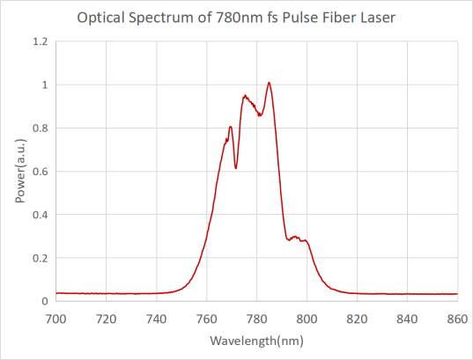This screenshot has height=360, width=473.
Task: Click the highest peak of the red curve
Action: coord(269,83)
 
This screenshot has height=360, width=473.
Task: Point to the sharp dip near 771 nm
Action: coord(235,168)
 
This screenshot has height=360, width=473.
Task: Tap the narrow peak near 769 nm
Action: coord(231,127)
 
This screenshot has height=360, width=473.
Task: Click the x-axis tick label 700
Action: coord(55,319)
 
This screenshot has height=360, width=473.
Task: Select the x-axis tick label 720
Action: coord(107,319)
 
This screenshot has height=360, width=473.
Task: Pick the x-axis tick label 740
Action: coord(156,319)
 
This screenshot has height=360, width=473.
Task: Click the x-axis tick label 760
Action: coord(207,319)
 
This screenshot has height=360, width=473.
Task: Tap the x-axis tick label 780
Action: coord(256,319)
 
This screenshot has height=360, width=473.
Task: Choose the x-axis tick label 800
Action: coord(307,319)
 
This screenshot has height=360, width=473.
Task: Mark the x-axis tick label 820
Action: coord(357,319)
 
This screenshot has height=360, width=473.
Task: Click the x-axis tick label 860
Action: coord(457,319)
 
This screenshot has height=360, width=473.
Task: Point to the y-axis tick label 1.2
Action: coord(41,41)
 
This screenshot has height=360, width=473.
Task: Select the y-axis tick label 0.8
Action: coord(41,129)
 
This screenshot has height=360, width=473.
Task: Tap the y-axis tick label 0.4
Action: coord(41,215)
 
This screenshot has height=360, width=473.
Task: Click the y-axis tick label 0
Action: coord(45,301)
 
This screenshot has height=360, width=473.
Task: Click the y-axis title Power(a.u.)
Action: coord(20,171)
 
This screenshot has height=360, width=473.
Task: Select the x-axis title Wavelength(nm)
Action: coord(256,341)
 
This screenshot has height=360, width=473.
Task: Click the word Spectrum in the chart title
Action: coord(162,18)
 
